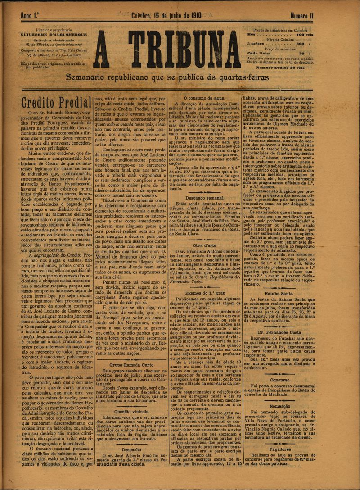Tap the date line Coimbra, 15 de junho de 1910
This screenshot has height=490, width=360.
[166, 16]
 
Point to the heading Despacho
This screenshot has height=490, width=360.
[131, 449]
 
